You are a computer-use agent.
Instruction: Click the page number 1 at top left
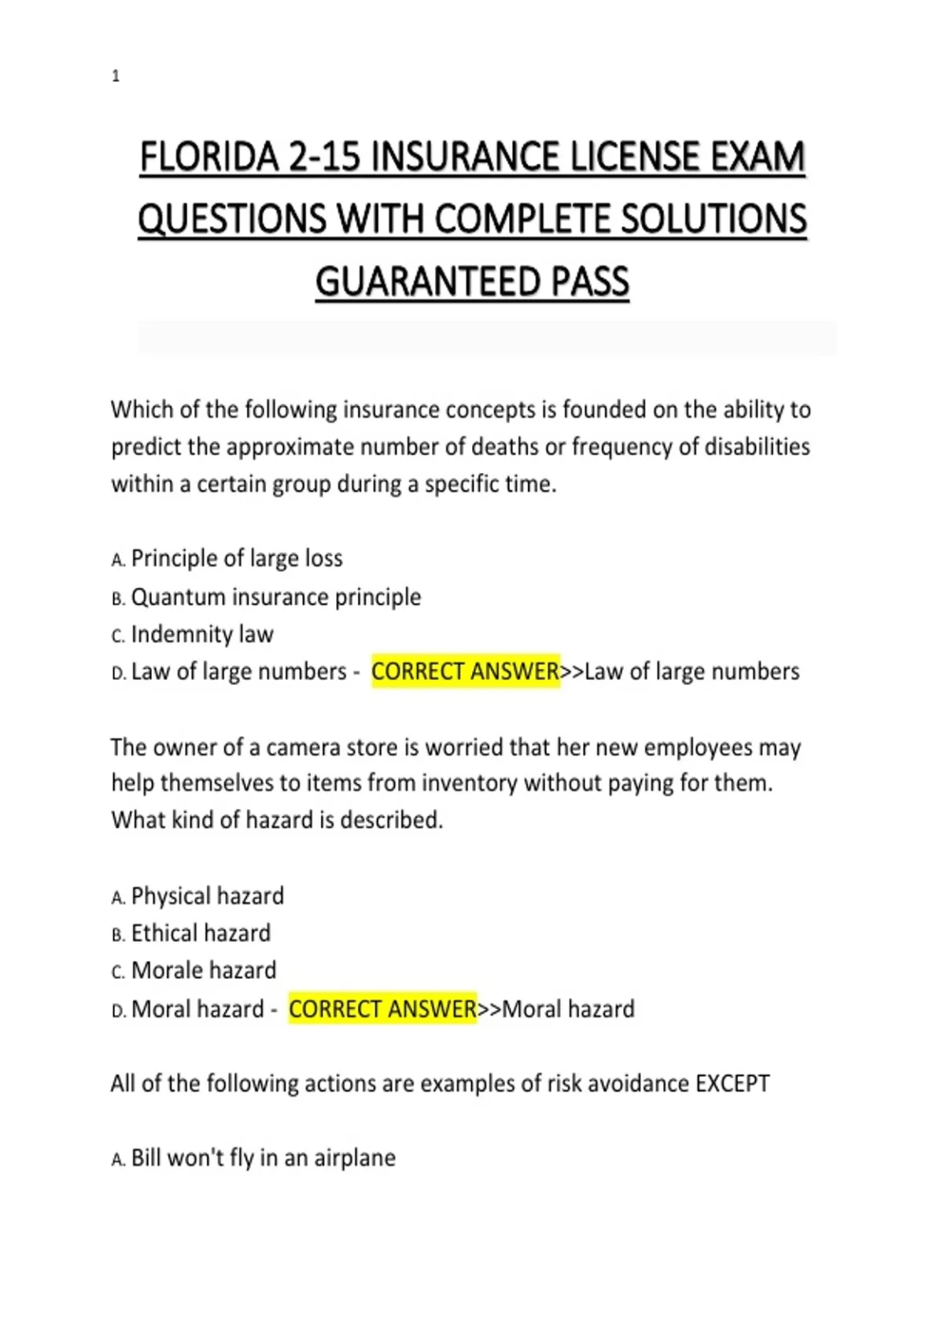point(116,76)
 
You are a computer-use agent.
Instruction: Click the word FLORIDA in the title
point(209,157)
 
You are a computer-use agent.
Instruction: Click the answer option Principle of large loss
point(236,559)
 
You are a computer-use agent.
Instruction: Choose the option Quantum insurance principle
point(275,597)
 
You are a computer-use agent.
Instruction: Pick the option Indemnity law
point(202,634)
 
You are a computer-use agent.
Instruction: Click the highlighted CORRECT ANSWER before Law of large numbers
point(465,671)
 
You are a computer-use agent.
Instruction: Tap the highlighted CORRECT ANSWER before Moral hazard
point(382,1009)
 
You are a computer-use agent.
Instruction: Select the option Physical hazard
point(207,896)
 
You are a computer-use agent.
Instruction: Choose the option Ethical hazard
point(201,933)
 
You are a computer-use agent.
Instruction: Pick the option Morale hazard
point(204,970)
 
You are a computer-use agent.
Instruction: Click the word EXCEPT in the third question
point(732,1084)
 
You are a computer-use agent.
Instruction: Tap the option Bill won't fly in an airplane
point(263,1159)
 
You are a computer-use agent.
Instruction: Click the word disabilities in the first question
point(757,447)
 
